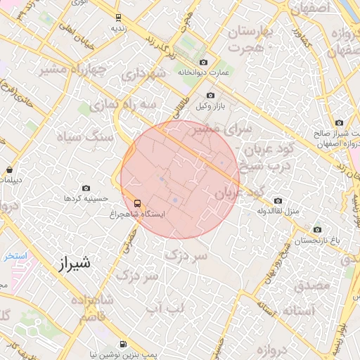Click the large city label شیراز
click(x=73, y=264)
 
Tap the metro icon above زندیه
click(x=117, y=17)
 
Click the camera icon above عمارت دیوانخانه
click(x=204, y=62)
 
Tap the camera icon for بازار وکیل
click(x=210, y=96)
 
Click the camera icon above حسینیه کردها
click(x=86, y=188)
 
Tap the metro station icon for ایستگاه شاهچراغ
click(x=136, y=203)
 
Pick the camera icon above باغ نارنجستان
click(x=317, y=229)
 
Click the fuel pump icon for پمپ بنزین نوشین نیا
click(x=124, y=345)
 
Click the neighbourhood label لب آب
click(x=163, y=307)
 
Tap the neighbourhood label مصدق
click(x=312, y=285)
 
